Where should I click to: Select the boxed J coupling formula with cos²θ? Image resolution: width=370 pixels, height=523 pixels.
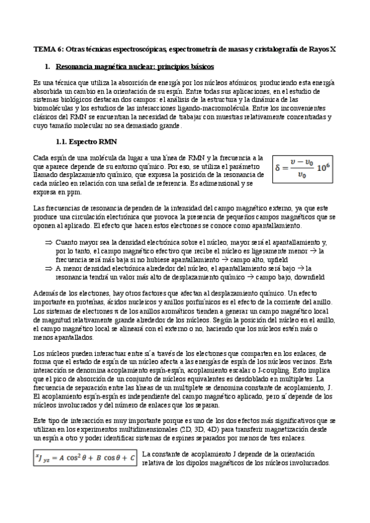tap(86, 458)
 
